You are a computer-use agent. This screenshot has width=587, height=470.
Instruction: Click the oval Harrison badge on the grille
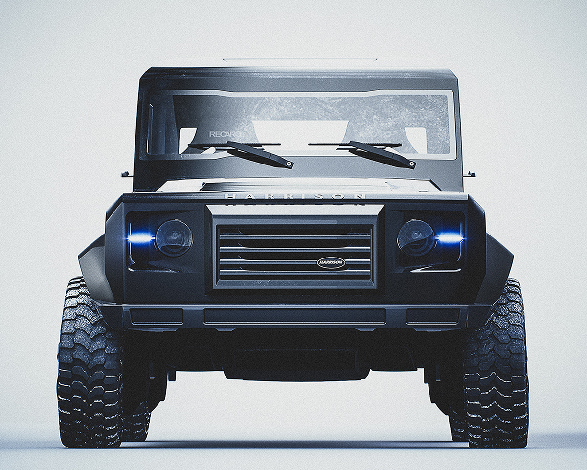click(331, 263)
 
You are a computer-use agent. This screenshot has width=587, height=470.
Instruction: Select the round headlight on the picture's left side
click(174, 238)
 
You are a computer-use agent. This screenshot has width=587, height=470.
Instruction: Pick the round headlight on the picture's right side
click(416, 237)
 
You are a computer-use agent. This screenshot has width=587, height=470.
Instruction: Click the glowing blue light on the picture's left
click(140, 238)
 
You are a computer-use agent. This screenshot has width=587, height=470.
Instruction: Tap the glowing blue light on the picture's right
click(449, 238)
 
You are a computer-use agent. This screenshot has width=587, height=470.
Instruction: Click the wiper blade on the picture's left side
click(259, 155)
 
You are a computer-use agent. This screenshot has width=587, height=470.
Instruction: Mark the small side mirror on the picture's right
click(470, 174)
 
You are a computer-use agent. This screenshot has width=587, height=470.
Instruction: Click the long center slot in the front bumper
click(294, 316)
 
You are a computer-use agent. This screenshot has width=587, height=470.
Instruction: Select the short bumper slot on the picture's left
click(157, 316)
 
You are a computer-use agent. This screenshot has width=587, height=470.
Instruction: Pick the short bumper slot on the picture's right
click(433, 316)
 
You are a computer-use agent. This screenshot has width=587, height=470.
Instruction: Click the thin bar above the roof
click(299, 60)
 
